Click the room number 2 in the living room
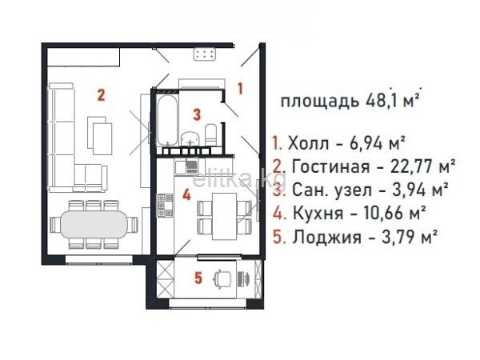coord(101,95)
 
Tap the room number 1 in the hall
coord(241,89)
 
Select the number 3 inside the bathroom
coord(197,114)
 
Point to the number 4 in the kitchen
coord(186,194)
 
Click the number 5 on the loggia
coord(198,278)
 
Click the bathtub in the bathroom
coord(167,120)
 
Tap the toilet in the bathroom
coord(210,134)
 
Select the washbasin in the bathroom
coord(190,139)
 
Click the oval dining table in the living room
coord(94,224)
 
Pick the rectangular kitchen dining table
coord(225,216)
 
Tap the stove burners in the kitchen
coord(165,206)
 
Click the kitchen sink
coord(186,167)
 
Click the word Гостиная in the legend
coord(330,167)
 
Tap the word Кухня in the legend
coord(318,213)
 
